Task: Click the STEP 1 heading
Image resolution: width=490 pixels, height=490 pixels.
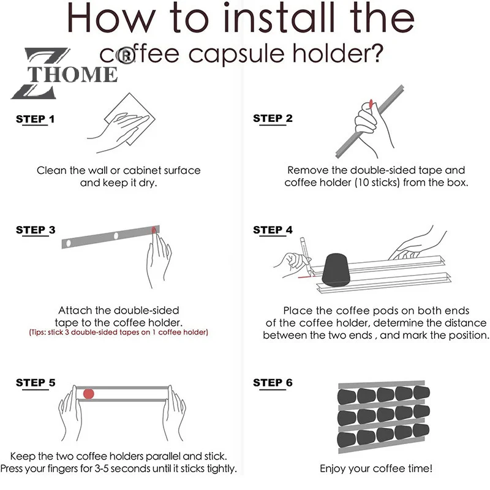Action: coord(36,119)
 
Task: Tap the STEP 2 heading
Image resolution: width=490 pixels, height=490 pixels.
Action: coord(273,118)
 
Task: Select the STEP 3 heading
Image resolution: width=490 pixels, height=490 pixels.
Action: coord(36,230)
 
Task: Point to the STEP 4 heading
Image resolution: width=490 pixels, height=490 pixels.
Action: coord(273,230)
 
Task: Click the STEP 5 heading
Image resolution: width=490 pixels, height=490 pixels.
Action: coord(36,383)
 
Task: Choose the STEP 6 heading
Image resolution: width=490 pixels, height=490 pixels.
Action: coord(273,383)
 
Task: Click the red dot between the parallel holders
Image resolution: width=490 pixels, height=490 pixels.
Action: coord(89,394)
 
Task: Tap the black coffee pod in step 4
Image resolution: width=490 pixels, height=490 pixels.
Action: coord(336,270)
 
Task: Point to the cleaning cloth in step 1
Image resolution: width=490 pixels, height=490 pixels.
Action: coord(130,119)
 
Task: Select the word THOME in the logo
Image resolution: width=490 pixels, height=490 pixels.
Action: coord(72,74)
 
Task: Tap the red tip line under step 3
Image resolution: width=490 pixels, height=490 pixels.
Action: coord(118,332)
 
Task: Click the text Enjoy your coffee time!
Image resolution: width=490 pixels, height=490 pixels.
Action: coord(376,469)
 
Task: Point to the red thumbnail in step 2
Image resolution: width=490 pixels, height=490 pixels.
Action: coord(371,104)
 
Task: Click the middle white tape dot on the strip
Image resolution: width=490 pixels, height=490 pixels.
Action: coord(116,236)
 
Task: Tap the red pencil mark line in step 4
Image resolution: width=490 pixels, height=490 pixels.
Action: coord(306,277)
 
